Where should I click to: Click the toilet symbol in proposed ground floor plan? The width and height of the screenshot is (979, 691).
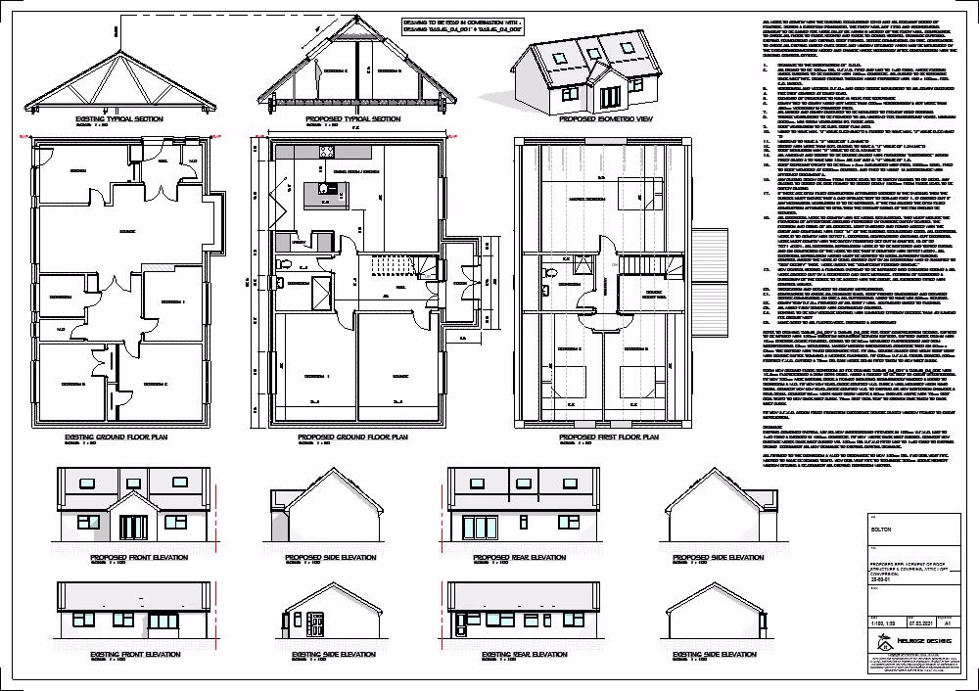coord(282,261)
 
